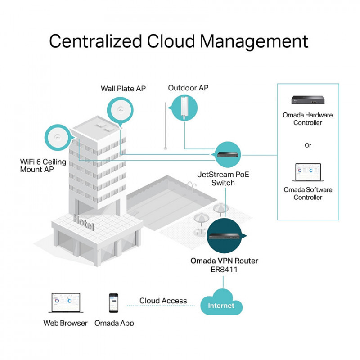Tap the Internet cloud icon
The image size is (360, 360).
pos(221,306)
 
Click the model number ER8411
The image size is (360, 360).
pos(225,270)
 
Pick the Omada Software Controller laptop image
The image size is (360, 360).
pos(308,173)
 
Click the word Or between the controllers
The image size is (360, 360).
pos(308,145)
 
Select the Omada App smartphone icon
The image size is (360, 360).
pos(114,304)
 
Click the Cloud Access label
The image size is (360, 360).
pos(163,301)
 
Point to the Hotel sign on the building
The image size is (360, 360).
pos(84,223)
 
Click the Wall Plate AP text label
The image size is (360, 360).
pos(123,89)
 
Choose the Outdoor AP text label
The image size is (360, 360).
pos(188,88)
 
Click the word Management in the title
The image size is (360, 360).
pos(254,41)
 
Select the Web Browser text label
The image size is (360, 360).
pos(66,323)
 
